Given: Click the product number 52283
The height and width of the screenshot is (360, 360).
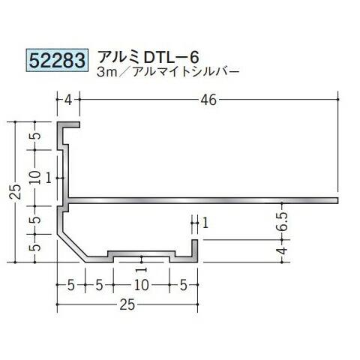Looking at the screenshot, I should tap(57, 58).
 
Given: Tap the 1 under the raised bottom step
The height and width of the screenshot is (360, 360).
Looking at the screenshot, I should tap(140, 268).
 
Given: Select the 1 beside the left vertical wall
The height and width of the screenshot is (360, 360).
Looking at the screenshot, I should tap(48, 176).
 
